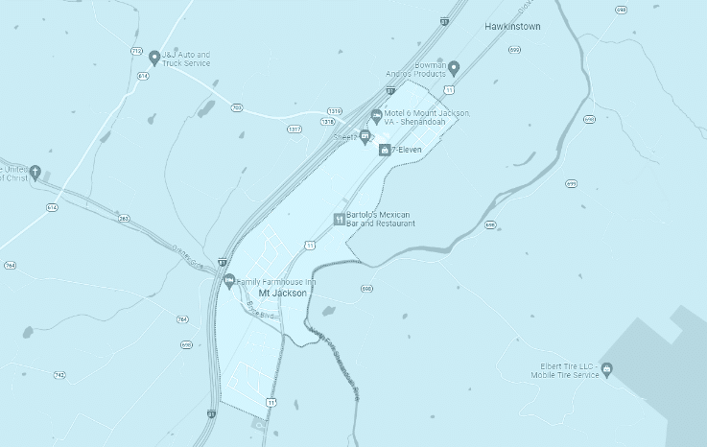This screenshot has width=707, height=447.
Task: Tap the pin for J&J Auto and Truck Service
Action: coord(153,59)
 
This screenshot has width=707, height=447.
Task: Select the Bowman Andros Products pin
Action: coord(454,67)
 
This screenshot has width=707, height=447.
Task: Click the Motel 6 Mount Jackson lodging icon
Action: coord(376,117)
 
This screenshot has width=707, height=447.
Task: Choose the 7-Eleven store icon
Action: coord(384,150)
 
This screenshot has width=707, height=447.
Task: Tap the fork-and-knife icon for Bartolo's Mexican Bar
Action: coord(339,219)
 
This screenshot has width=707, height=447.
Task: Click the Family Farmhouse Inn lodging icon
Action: coord(228,282)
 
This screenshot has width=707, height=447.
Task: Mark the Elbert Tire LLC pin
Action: coord(606,371)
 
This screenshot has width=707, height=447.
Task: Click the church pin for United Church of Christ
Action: coord(35,173)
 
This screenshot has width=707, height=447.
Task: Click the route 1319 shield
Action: coord(335,110)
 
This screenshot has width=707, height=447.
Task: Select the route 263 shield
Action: coord(124,219)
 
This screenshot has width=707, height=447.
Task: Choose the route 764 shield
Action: coord(10,265)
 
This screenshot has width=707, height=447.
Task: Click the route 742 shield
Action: coord(59,375)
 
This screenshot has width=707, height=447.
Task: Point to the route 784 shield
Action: coord(182,319)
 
